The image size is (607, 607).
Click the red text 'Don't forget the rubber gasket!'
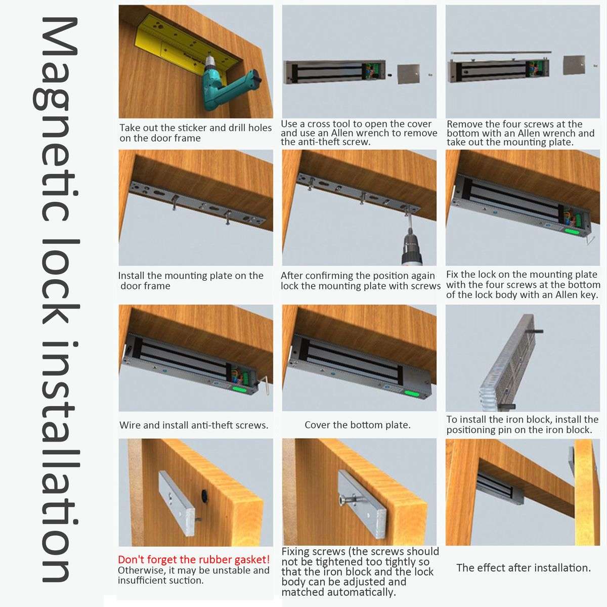(194, 559)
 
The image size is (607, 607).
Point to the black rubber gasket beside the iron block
(205, 494)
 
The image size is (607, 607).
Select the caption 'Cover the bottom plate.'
(358, 425)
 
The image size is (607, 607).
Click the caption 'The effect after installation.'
(524, 568)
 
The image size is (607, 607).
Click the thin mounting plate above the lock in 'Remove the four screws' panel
(501, 52)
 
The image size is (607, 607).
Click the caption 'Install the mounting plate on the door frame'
(191, 281)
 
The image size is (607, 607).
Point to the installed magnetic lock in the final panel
(501, 486)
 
